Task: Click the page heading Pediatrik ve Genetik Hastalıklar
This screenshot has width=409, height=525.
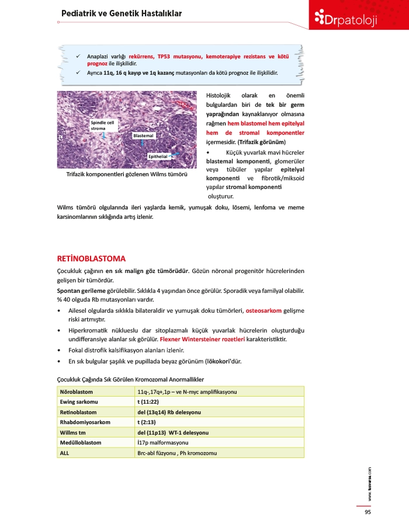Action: pos(122,13)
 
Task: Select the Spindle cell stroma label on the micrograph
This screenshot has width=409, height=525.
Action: pos(103,125)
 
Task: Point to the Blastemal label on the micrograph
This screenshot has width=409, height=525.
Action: pos(143,135)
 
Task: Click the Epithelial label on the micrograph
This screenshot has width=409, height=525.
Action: pos(158,156)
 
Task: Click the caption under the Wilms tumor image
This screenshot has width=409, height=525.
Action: pos(126,174)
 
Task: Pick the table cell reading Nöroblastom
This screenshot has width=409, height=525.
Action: pos(77,391)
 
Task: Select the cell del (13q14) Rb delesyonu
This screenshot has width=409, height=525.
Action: pos(169,412)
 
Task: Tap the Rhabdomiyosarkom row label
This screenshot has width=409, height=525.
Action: pos(85,422)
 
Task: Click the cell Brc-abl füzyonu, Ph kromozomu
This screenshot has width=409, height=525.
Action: pos(173,453)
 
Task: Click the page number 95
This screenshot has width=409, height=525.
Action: pos(368,512)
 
